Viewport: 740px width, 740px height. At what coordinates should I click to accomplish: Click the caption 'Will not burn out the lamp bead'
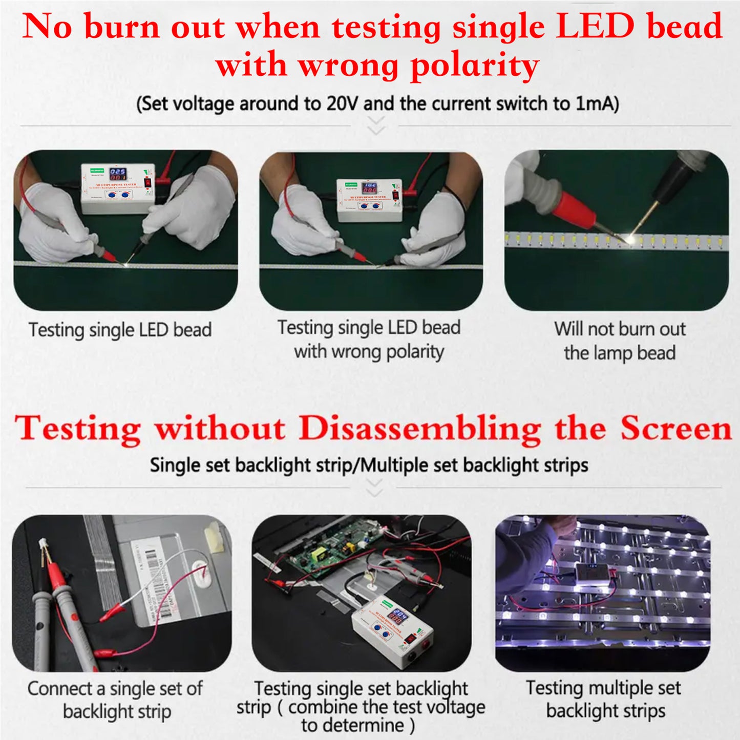[619, 341]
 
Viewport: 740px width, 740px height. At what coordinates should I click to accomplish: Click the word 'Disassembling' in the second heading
[420, 428]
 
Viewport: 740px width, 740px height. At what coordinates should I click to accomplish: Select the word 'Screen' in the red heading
[676, 428]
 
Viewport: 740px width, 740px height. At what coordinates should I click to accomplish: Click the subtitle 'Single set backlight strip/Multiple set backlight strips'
[369, 465]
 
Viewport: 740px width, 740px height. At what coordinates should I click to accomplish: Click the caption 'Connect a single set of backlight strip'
[115, 700]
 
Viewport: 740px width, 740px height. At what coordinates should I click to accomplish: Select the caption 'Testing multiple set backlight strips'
[604, 699]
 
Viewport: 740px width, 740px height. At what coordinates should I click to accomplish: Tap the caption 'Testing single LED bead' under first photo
[120, 329]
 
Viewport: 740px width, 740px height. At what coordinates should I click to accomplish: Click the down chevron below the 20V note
[376, 126]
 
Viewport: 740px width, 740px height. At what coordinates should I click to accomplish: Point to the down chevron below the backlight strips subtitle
[375, 488]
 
